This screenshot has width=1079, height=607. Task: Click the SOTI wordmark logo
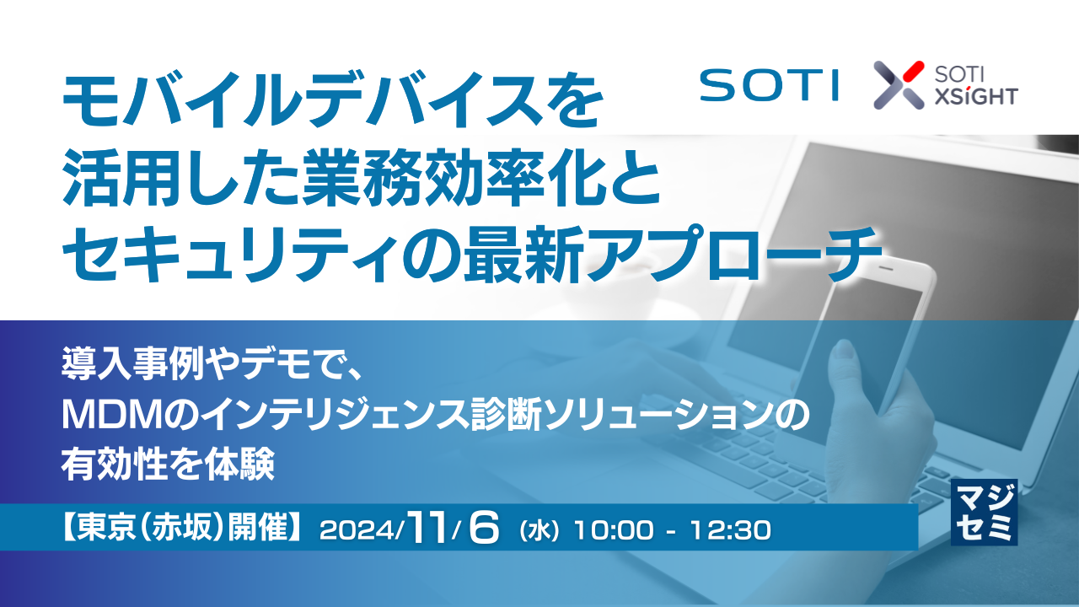(x=768, y=84)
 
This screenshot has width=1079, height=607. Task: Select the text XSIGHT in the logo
(x=976, y=96)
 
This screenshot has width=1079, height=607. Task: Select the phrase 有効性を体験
(x=168, y=463)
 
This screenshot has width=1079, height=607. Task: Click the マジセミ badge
(x=984, y=512)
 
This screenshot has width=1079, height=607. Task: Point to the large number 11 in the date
(x=429, y=528)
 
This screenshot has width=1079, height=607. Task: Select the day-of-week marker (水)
(x=540, y=531)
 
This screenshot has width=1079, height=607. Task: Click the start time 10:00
(x=612, y=530)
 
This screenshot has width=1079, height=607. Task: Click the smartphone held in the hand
(x=860, y=337)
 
